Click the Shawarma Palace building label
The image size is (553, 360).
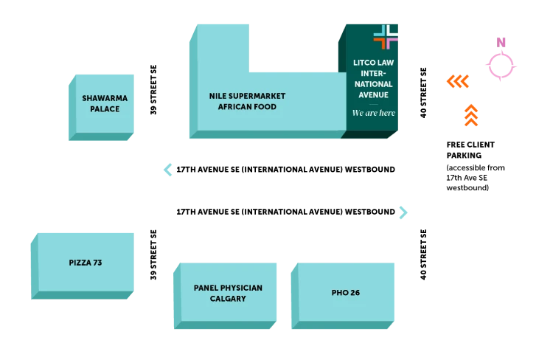(105, 103)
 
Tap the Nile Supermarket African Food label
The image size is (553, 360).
(247, 101)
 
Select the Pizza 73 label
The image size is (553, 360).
(86, 263)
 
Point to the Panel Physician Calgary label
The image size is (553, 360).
(228, 293)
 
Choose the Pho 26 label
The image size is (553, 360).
(346, 293)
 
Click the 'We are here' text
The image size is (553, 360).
(373, 113)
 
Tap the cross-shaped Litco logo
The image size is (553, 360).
(386, 37)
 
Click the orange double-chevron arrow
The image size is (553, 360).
(458, 80)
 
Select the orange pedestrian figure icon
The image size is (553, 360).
(470, 115)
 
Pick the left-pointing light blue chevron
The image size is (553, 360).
(168, 169)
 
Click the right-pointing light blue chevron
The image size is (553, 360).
(403, 212)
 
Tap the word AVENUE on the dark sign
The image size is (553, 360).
(373, 95)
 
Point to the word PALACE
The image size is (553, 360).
(105, 109)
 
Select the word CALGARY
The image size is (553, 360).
(228, 299)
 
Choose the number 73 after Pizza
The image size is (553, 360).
(97, 263)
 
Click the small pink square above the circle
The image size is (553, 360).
(501, 41)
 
